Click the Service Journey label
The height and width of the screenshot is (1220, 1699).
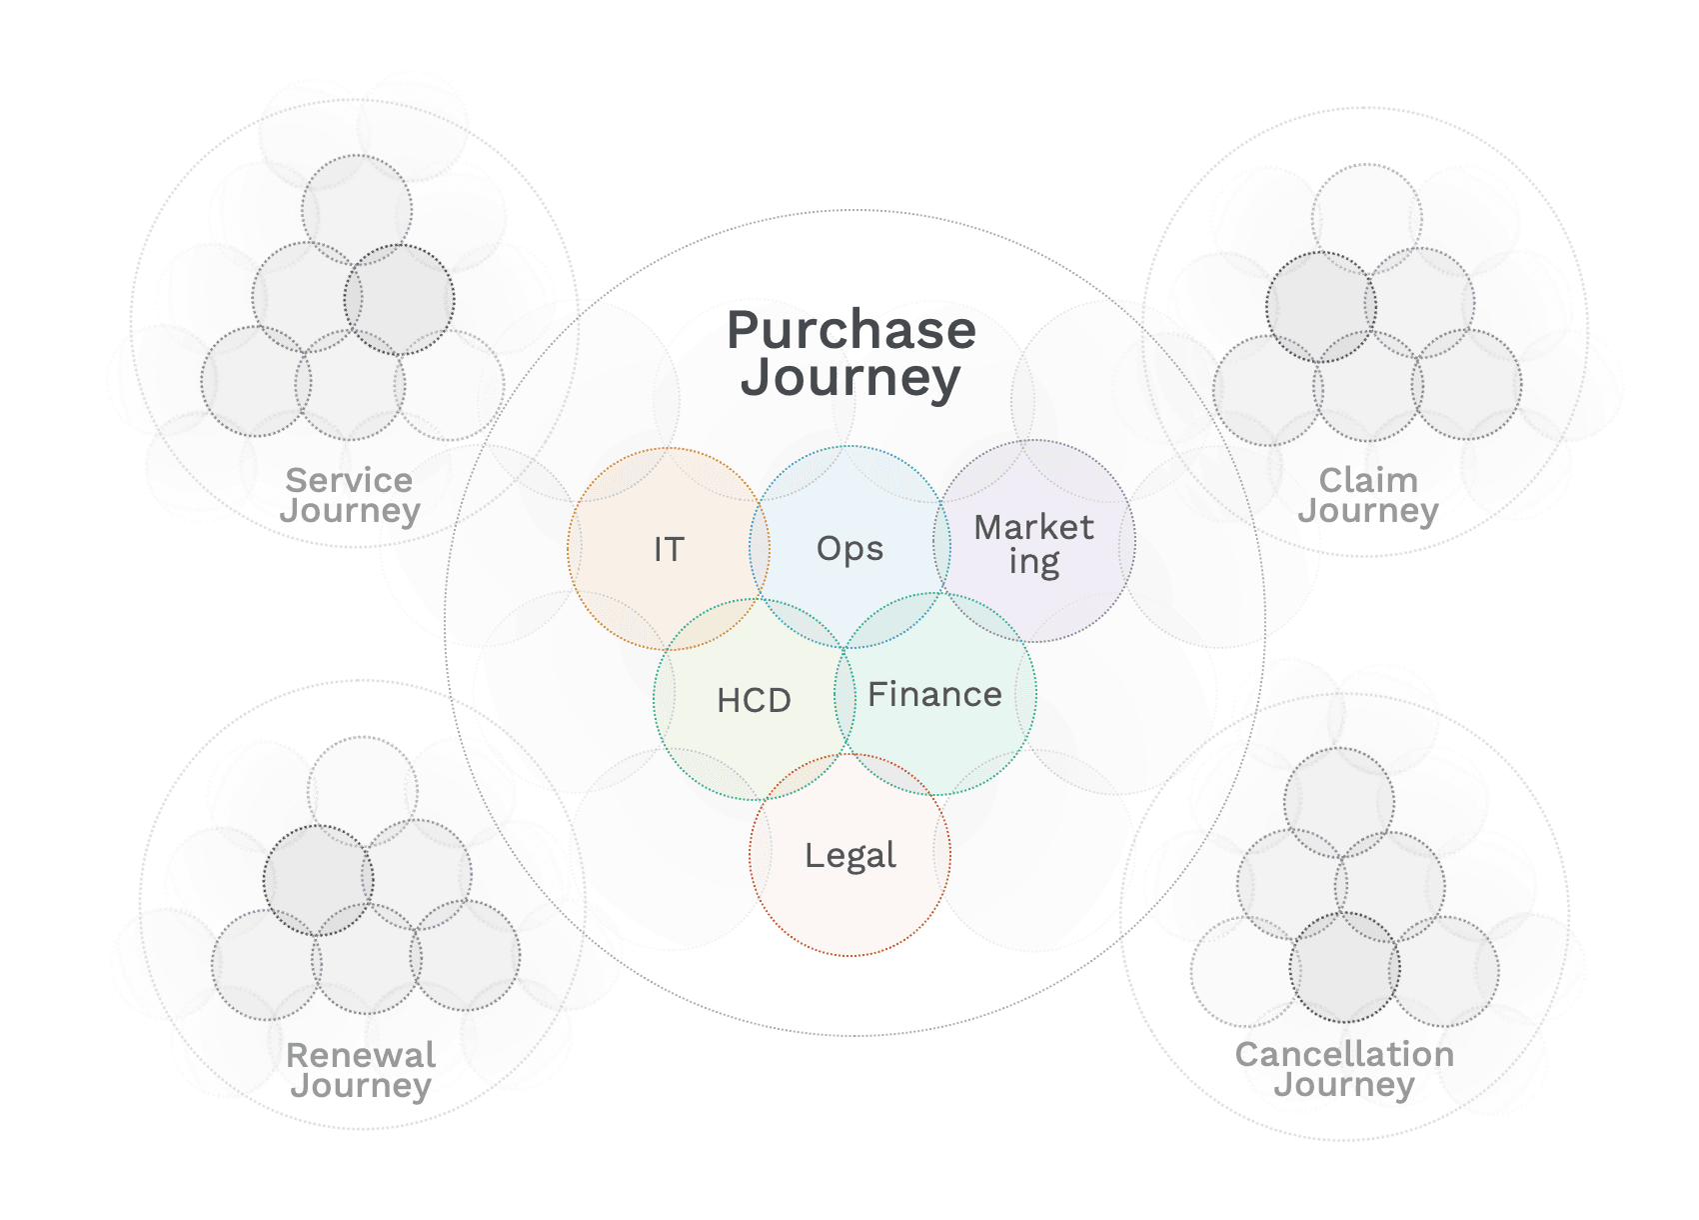tap(350, 495)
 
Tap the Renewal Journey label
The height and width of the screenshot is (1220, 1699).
tap(360, 1069)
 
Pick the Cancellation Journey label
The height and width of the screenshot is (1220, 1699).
tap(1345, 1068)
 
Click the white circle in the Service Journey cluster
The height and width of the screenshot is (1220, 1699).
tap(452, 384)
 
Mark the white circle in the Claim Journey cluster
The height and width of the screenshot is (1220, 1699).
tap(1366, 218)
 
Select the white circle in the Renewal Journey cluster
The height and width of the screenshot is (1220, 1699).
tap(362, 790)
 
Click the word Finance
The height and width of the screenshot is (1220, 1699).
tap(934, 694)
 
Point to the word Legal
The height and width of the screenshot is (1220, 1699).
tap(850, 856)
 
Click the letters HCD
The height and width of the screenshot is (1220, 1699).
tap(754, 700)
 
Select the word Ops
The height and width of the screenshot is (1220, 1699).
tap(849, 549)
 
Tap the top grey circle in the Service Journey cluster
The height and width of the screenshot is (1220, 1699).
tap(357, 208)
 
